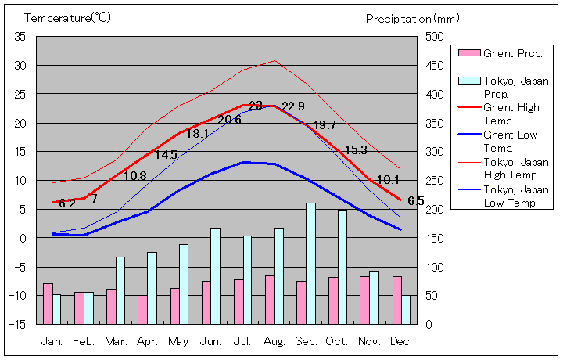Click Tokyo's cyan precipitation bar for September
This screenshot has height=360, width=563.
point(310,263)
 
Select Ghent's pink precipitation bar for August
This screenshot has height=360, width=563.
point(270,300)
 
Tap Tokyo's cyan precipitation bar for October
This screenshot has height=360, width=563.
point(342,266)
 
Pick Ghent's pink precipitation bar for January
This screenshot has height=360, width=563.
point(48,304)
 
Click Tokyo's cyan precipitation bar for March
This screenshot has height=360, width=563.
point(120,290)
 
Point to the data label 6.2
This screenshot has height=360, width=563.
point(67,203)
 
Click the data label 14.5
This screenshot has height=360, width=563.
point(166,155)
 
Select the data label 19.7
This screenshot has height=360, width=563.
point(325,125)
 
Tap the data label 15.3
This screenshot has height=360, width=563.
point(356,150)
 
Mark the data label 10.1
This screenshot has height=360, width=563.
point(388,180)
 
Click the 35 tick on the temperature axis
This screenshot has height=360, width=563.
point(20,37)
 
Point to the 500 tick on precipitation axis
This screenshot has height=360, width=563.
point(434,37)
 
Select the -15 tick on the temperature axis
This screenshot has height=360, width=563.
point(19,324)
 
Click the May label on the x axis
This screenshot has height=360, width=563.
point(179,342)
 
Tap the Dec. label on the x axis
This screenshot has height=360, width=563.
point(401,342)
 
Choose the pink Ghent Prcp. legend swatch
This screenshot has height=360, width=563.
point(468,53)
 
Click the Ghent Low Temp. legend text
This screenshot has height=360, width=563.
point(511,142)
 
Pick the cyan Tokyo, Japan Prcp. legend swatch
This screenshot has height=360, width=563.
point(468,81)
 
